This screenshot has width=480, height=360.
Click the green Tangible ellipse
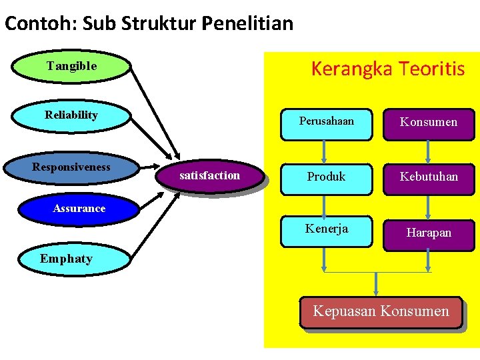[x=71, y=66]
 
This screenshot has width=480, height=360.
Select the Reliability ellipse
[x=71, y=115]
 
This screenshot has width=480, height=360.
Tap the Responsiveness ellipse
[x=71, y=167]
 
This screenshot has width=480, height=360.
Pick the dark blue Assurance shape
[x=79, y=209]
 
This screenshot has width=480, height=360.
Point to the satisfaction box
[x=210, y=176]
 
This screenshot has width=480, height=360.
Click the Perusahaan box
[x=326, y=123]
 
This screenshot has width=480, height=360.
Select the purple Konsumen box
[x=429, y=123]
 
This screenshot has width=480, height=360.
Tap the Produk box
[x=326, y=177]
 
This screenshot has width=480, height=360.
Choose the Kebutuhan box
[x=429, y=177]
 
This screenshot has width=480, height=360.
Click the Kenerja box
[x=326, y=230]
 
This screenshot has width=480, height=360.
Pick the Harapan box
[x=429, y=233]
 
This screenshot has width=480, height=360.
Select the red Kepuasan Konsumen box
[x=381, y=312]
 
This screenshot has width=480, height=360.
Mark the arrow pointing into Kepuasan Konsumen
[x=377, y=283]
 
